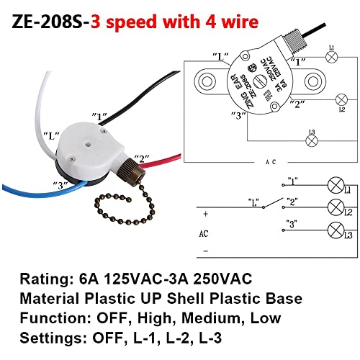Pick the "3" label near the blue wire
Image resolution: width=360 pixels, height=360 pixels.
[62, 184]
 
